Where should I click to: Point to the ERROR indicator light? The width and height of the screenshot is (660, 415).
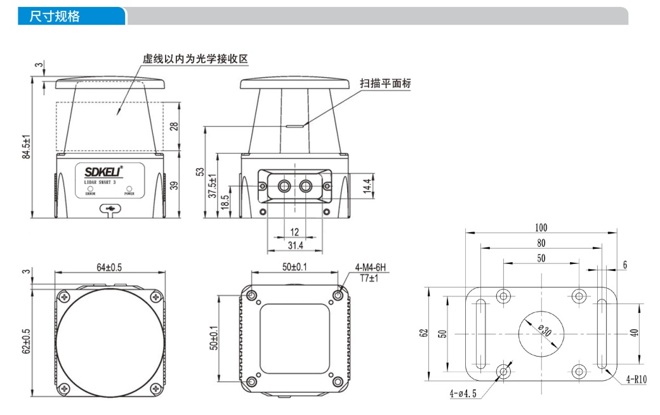tap(90, 188)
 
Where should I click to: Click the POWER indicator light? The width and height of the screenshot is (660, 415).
tap(129, 188)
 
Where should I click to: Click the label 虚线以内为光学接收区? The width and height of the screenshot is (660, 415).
tap(194, 59)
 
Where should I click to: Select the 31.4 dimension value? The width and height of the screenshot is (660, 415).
tap(295, 246)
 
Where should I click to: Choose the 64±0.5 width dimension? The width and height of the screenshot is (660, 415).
tap(110, 267)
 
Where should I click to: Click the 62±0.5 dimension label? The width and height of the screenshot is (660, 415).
tap(26, 341)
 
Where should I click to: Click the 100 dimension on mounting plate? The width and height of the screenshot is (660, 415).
tap(541, 227)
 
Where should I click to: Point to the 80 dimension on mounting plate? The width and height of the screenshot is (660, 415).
tap(541, 242)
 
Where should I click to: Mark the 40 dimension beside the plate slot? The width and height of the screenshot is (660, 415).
tap(635, 333)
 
